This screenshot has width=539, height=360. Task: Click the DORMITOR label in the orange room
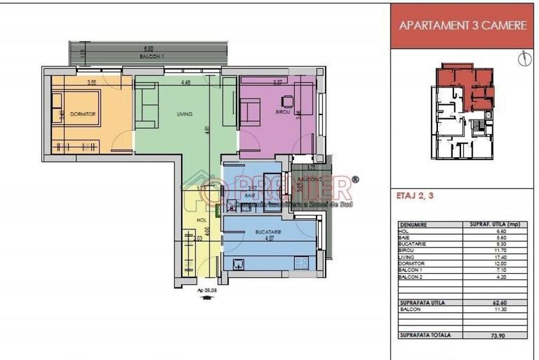[82, 113]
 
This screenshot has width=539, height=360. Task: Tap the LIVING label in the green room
[185, 114]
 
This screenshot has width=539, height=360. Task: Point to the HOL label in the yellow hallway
[201, 220]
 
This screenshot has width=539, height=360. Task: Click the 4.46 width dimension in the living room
[185, 82]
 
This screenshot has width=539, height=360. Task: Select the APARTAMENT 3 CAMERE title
[462, 26]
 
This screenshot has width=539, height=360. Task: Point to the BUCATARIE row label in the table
[414, 242]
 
